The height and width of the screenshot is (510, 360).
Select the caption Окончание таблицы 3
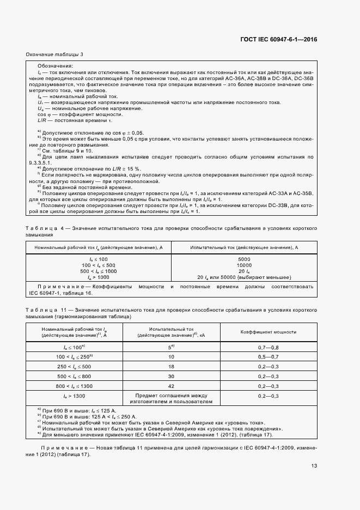[54, 54]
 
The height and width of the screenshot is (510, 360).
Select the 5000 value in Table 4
[243, 259]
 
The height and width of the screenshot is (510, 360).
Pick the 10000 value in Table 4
[243, 265]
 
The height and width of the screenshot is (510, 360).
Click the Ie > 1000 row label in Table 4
[99, 277]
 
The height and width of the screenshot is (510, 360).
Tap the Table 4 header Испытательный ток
[243, 247]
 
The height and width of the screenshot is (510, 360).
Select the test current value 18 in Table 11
[170, 366]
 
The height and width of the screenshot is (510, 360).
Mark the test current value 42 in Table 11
[170, 386]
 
